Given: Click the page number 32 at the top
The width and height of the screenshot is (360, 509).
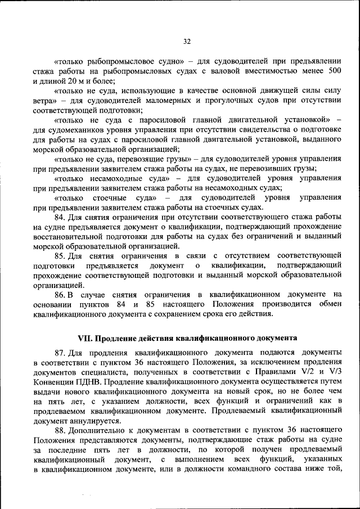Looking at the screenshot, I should click(x=187, y=40).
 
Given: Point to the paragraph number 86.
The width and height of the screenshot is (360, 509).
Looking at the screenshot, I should click(x=60, y=294).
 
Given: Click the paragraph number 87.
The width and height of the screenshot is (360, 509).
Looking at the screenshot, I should click(x=60, y=352).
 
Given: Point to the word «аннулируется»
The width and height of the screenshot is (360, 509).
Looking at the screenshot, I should click(x=93, y=420).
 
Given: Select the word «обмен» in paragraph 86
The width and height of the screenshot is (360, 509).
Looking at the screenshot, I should click(x=329, y=304).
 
